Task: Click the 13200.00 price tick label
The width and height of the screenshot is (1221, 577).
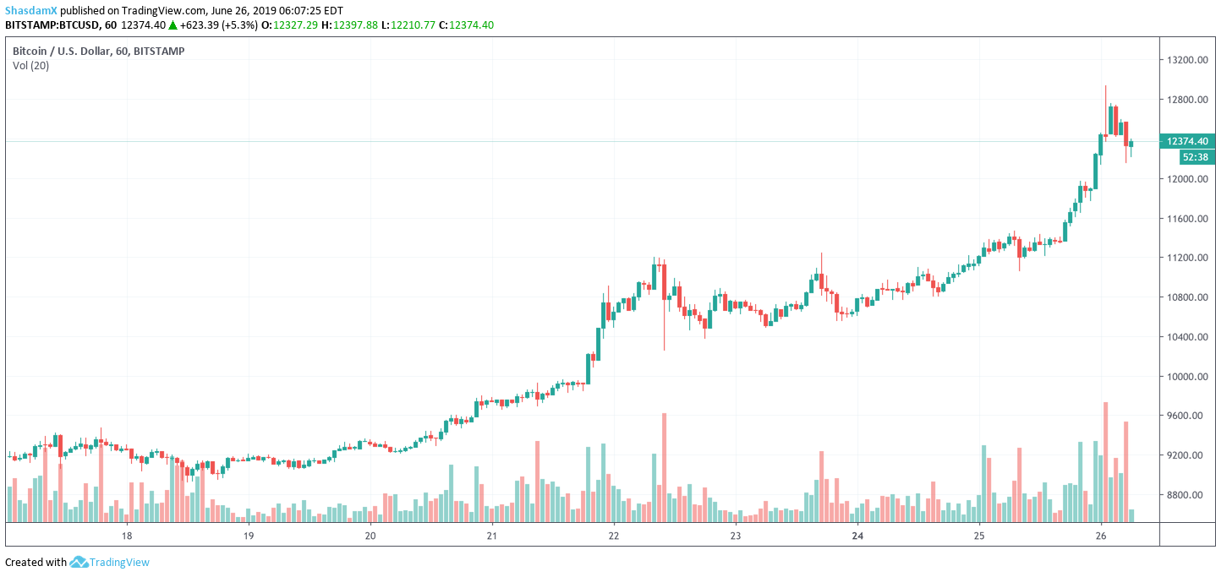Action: coord(1184,61)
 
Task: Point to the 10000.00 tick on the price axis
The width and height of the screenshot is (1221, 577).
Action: coord(1184,376)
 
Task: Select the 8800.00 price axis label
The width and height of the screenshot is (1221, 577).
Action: coord(1184,494)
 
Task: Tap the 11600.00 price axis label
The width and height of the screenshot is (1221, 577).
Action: coord(1184,219)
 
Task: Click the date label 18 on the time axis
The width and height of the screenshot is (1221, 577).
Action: coord(127,536)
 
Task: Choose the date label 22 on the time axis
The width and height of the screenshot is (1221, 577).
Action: coord(614,536)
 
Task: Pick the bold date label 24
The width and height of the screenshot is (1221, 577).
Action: coord(857,536)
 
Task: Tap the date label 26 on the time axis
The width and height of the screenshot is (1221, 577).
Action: coord(1101,536)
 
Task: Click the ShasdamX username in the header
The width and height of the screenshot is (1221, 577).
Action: coord(32,10)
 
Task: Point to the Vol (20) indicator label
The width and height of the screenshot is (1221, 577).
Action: coord(30,66)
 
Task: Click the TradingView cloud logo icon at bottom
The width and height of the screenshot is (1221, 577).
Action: coord(79,563)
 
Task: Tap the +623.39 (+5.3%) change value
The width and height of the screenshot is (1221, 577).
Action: coord(217,25)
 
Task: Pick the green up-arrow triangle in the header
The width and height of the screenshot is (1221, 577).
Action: coord(172,25)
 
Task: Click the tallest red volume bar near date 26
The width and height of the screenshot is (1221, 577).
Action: coord(1106,461)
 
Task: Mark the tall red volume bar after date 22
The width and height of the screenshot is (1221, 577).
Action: coord(665,467)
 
